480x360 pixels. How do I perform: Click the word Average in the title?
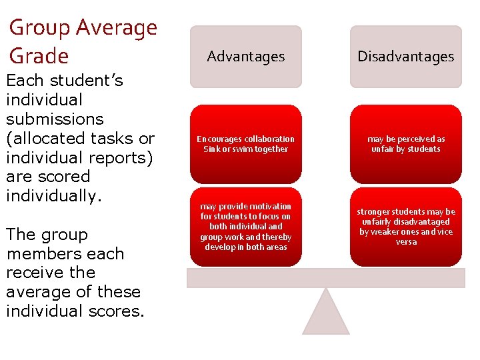point(117,28)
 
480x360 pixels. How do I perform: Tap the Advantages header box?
point(245,57)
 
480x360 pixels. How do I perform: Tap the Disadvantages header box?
point(405,57)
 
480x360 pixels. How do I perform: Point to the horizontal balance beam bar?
point(325,277)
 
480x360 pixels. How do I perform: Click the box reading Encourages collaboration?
point(245,144)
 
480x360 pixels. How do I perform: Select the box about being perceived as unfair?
point(405,144)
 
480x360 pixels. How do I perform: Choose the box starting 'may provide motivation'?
point(245,227)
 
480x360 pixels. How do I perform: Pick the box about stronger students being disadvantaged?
point(405,227)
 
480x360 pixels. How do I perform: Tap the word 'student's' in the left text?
point(93,81)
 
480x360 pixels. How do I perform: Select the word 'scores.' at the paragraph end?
point(117,311)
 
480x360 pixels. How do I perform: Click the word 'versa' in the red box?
point(405,242)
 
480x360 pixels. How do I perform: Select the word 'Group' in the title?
point(40,28)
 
